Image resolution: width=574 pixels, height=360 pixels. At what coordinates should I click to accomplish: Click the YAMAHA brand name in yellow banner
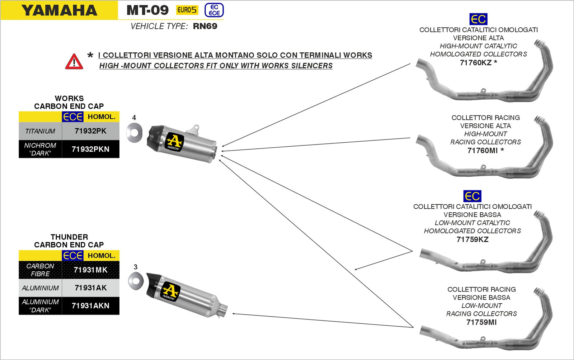tap(59, 10)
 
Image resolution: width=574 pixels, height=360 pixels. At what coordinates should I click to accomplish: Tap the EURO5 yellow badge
tap(187, 10)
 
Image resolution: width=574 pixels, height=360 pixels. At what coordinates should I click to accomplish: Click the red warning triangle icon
tap(74, 62)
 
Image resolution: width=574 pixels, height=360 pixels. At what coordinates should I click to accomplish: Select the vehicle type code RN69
tap(205, 26)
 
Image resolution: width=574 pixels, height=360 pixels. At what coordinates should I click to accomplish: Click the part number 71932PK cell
tap(90, 131)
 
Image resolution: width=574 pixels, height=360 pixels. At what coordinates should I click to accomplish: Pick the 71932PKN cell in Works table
tap(90, 149)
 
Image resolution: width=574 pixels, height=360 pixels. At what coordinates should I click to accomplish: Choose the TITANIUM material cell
tap(40, 131)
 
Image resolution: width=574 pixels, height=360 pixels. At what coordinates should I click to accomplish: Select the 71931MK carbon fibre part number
tap(90, 270)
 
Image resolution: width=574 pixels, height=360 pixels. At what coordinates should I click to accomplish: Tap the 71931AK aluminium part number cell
tap(90, 288)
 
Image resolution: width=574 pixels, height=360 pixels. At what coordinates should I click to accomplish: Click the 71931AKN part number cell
tap(90, 306)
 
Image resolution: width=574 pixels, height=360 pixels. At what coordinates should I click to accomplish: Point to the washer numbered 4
tap(134, 133)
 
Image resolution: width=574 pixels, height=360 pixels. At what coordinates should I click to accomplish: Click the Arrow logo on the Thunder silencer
tap(170, 292)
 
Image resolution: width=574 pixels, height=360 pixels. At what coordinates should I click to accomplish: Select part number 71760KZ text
tap(476, 63)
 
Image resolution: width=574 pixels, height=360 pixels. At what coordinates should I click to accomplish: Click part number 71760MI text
tap(482, 151)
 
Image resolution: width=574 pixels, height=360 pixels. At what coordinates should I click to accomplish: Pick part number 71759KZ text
tap(472, 240)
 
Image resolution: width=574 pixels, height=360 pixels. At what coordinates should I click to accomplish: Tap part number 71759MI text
tap(481, 322)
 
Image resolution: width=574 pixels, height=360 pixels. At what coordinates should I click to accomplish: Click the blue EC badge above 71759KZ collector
tap(472, 196)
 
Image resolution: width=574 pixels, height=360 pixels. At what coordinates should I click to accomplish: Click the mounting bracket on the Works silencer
tap(195, 129)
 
